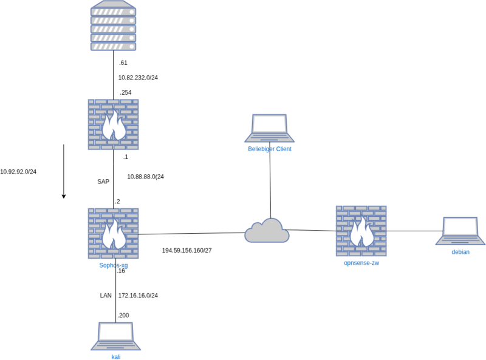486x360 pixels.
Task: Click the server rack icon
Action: [113, 27]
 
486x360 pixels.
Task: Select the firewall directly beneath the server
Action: [113, 124]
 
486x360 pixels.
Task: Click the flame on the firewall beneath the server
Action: [113, 127]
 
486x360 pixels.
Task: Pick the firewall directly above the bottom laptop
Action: [113, 233]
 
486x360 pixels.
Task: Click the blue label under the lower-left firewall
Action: [113, 265]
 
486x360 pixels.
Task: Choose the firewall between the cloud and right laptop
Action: [361, 231]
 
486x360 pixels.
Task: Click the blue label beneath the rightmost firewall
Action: [361, 263]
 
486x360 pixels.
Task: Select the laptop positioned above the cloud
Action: [269, 127]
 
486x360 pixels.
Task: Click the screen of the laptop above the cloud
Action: [269, 124]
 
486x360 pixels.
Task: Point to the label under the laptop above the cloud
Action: [269, 149]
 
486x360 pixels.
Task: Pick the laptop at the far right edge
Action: [460, 231]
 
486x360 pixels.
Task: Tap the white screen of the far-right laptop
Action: [460, 227]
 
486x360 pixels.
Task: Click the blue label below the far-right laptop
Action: [460, 252]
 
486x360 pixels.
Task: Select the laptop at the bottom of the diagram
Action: [116, 336]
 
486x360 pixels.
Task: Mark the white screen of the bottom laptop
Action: [116, 332]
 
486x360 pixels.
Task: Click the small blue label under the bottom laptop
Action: [116, 356]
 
